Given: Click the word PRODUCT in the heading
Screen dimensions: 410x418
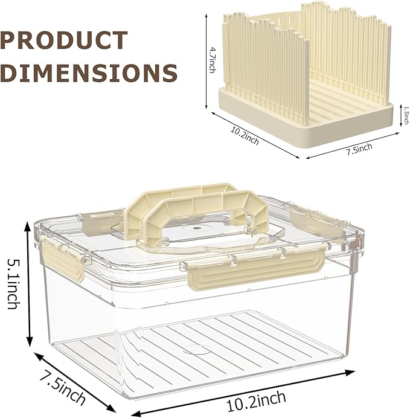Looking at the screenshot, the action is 64,40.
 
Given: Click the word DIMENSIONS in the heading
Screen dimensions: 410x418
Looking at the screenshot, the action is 89,72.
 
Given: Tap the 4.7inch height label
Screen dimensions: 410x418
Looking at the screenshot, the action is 212,60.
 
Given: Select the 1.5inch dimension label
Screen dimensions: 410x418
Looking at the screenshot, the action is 406,115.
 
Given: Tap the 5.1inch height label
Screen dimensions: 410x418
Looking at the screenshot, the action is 13,284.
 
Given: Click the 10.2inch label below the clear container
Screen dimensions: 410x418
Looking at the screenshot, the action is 256,401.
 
